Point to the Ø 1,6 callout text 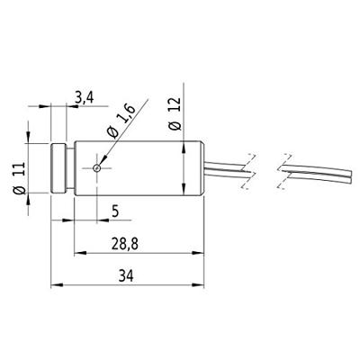[117, 121]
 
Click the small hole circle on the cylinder [97, 168]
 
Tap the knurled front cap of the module [61, 168]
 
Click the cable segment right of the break [315, 170]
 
